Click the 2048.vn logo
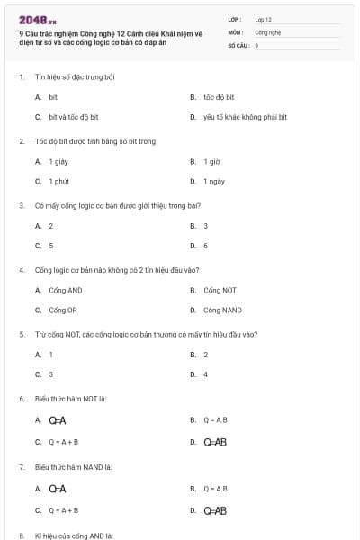[x=37, y=20]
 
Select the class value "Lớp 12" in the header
[x=263, y=19]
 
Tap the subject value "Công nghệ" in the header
[x=268, y=31]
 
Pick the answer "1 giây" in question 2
[x=58, y=161]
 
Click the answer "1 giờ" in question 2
[x=211, y=161]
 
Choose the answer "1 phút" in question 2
[x=58, y=181]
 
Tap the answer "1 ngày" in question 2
[x=214, y=181]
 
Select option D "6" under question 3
[x=205, y=245]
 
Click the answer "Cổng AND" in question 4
[x=65, y=290]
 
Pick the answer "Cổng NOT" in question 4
[x=220, y=290]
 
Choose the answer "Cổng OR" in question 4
[x=63, y=310]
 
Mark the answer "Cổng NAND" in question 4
[x=222, y=310]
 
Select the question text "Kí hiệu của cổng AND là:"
[x=74, y=535]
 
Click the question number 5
[x=22, y=334]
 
